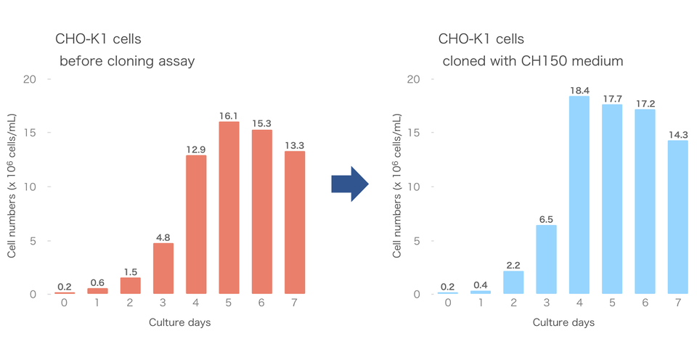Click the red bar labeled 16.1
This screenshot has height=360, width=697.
coord(229,207)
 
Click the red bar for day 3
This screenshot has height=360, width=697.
coord(163,269)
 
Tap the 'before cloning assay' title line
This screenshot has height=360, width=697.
coord(127,62)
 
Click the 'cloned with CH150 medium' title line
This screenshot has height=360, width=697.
coord(533,62)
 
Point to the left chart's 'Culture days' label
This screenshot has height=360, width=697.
coord(180,322)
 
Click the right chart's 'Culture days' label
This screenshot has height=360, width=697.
coord(564,322)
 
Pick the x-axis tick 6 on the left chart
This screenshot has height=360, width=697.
coord(262,303)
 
